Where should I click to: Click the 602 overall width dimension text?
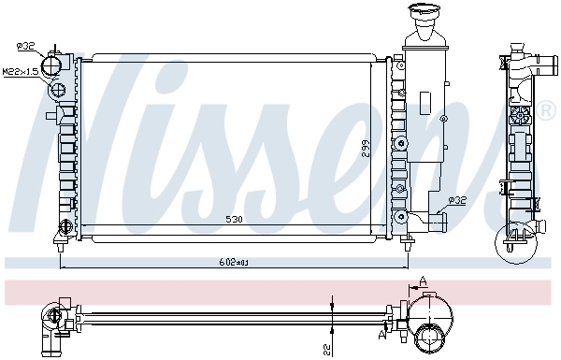pos(235,263)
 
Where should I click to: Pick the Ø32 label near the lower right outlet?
pos(457,199)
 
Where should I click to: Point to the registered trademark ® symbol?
pos(546,112)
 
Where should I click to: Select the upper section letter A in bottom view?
pos(424,280)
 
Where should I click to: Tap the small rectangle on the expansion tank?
pos(424,100)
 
